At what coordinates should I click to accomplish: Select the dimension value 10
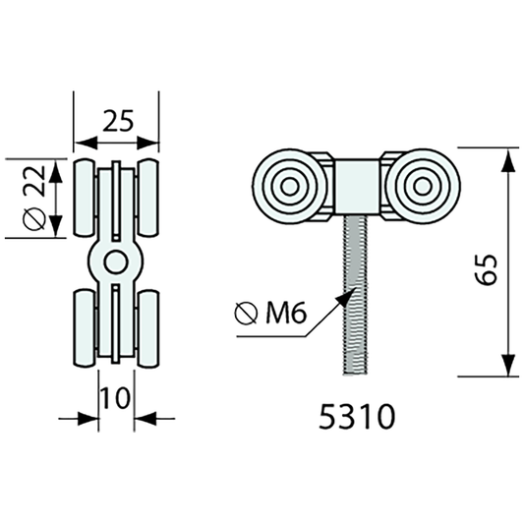115,397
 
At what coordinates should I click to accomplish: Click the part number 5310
358,417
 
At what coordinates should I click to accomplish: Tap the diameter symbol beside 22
33,218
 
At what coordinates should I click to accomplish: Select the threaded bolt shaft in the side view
354,295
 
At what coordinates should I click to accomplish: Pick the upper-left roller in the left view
84,197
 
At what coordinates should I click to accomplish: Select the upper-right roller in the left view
149,197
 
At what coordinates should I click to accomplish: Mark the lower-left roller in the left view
84,328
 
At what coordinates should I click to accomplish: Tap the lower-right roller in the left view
149,328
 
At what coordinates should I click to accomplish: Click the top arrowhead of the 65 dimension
508,158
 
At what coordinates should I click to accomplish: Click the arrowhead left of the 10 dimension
89,419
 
